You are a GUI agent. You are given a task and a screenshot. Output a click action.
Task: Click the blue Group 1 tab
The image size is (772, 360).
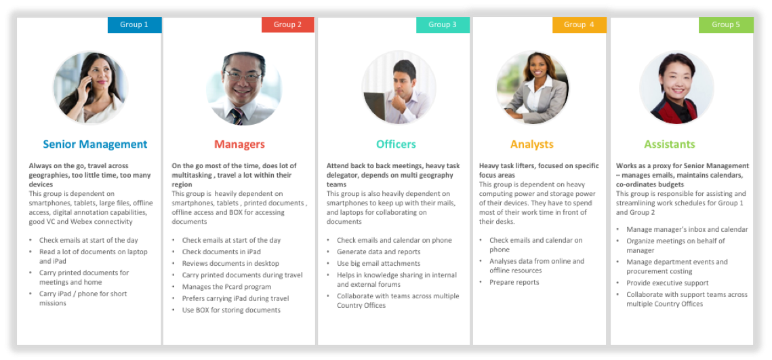point(134,25)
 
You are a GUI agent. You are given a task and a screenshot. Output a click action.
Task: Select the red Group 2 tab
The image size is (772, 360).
point(287,24)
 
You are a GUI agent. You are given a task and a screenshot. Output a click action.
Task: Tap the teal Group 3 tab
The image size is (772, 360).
point(443,25)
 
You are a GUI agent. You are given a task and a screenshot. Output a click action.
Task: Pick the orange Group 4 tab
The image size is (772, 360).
point(579,25)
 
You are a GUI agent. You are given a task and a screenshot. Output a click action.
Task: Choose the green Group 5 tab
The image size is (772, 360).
point(726,25)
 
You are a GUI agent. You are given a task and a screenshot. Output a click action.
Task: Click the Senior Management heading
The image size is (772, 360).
point(95,144)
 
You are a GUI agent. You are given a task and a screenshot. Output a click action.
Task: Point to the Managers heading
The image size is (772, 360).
point(239,144)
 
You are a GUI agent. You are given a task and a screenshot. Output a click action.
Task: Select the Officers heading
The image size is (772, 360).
point(396,144)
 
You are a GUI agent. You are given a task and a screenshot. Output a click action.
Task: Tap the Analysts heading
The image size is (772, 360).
point(532,144)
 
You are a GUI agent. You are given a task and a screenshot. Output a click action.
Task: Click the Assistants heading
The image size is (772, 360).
point(670,144)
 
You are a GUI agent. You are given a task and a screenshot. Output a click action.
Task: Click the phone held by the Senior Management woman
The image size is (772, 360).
point(89,83)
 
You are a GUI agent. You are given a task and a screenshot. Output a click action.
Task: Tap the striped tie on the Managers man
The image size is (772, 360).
point(237,116)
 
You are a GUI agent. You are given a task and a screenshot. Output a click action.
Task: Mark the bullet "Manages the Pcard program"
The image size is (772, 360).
point(226,287)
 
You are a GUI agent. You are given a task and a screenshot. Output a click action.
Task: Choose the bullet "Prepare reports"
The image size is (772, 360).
point(514,282)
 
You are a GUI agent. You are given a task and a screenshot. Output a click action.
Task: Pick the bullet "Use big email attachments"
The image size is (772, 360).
point(379,264)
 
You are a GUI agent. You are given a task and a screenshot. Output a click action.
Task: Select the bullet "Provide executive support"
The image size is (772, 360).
point(667,283)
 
